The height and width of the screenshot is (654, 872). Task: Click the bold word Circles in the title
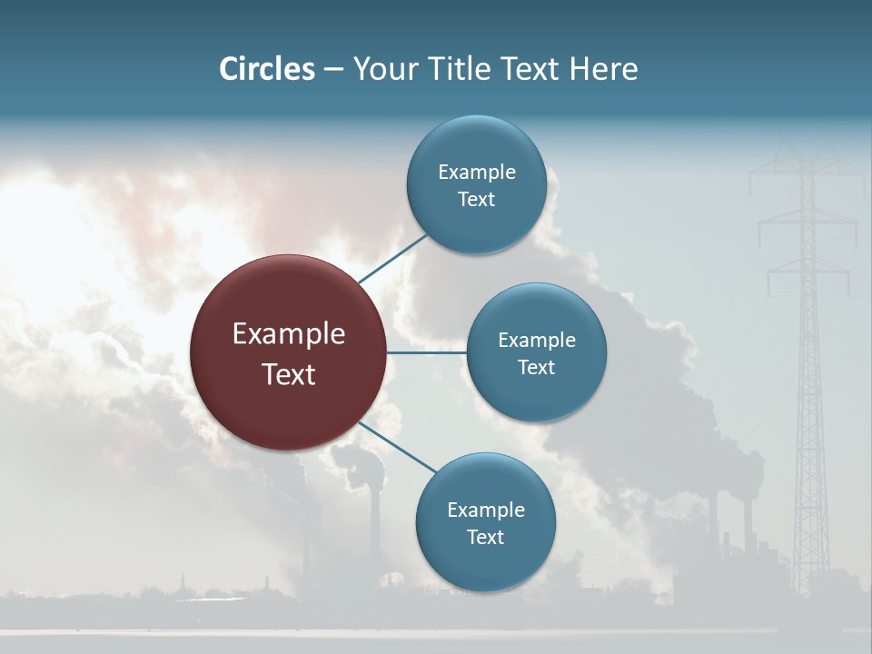[x=266, y=69]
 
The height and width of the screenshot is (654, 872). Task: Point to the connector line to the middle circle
[x=426, y=352]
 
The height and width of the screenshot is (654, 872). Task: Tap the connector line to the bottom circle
[x=397, y=446]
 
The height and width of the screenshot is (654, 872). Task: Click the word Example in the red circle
[x=289, y=334]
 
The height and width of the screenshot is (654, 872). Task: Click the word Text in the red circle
[x=289, y=373]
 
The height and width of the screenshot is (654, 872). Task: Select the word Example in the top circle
[x=476, y=172]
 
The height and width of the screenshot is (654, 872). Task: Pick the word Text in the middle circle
[x=536, y=367]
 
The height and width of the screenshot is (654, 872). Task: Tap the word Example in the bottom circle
[x=485, y=510]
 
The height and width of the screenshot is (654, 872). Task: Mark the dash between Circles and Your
[x=332, y=70]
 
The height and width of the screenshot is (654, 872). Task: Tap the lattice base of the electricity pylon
[x=811, y=545]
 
